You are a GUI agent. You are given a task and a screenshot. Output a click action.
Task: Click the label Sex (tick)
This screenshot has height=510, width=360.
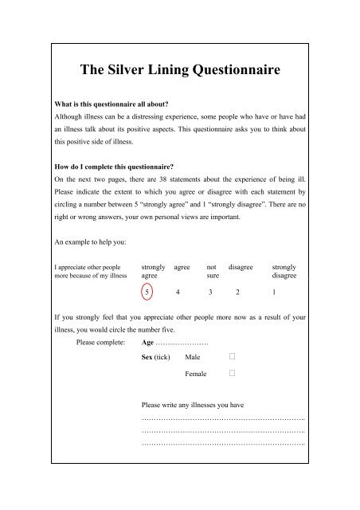pos(155,358)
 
